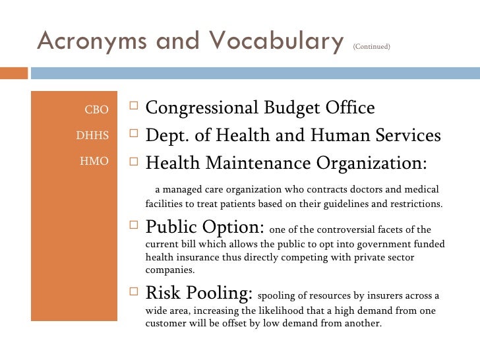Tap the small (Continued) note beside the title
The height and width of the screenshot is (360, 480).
click(372, 46)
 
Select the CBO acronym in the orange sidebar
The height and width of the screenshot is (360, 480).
click(96, 109)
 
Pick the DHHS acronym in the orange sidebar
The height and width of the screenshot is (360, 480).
click(92, 135)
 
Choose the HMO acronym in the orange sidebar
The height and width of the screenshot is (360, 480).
click(94, 161)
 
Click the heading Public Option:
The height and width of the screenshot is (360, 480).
click(205, 227)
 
